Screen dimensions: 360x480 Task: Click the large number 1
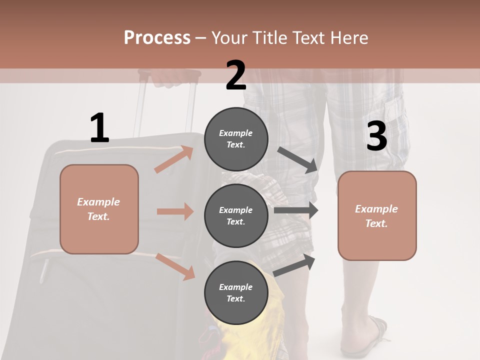[99, 128]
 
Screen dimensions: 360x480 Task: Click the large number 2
[235, 75]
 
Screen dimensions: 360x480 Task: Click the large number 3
[376, 136]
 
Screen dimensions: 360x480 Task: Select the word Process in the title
[157, 37]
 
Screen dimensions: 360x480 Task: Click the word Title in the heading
[270, 37]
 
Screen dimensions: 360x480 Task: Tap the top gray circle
[236, 139]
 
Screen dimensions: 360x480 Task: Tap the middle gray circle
[236, 216]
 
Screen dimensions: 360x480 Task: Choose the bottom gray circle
[236, 292]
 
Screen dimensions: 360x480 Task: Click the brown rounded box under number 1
[99, 209]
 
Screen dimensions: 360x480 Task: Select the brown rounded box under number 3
[376, 215]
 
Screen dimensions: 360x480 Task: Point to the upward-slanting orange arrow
[174, 159]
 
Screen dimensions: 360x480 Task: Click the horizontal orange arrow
[175, 211]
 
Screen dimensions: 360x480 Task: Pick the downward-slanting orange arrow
[175, 266]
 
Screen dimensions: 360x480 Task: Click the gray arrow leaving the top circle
[298, 160]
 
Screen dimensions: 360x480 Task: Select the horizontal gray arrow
[295, 210]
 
